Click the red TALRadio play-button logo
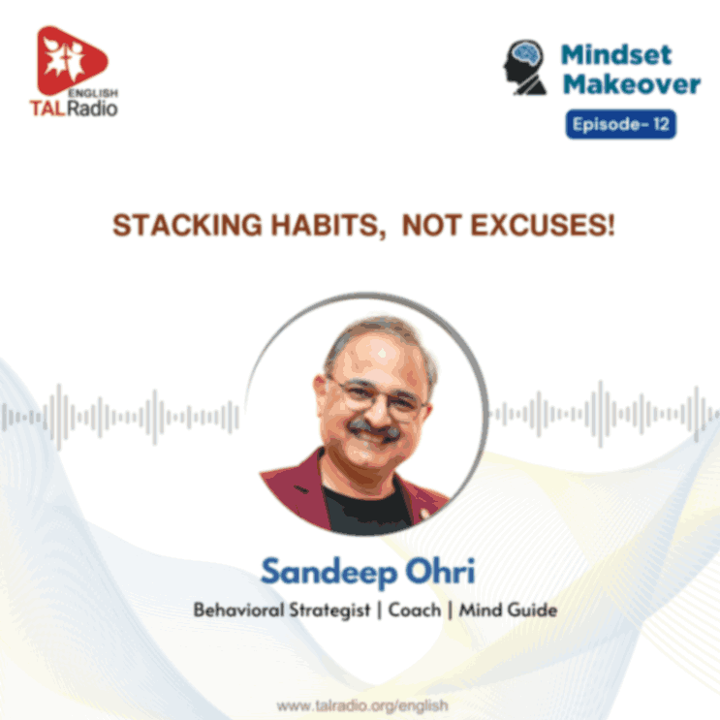70,61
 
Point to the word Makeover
632,84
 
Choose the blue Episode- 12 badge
621,125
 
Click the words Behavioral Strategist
254,611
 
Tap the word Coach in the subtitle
414,611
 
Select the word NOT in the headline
431,227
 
